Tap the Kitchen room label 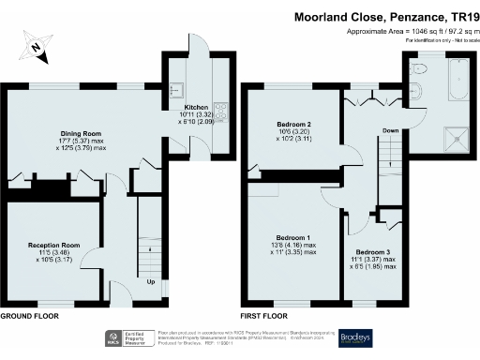pyautogui.click(x=196, y=109)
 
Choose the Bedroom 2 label pyautogui.click(x=293, y=124)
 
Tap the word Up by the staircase pyautogui.click(x=150, y=280)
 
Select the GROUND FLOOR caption pyautogui.click(x=29, y=317)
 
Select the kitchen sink pyautogui.click(x=175, y=90)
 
